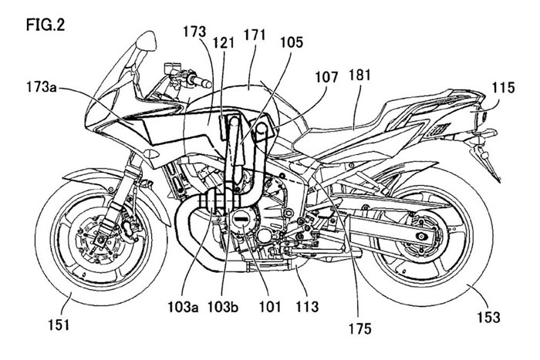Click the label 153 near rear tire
point(488,316)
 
